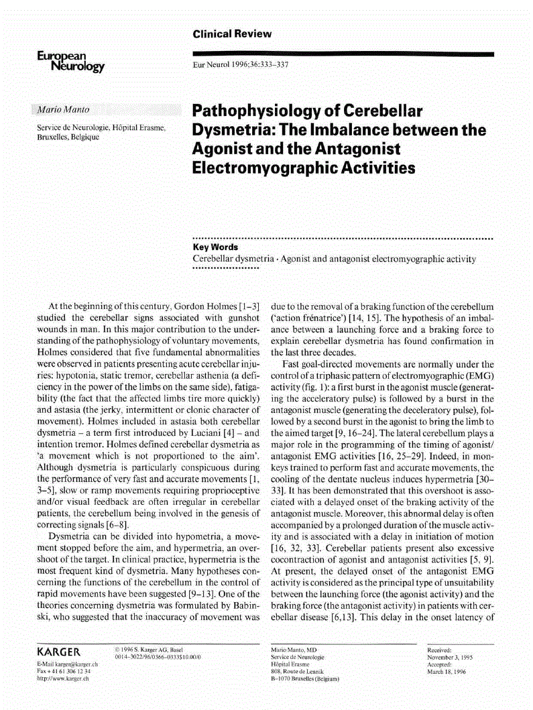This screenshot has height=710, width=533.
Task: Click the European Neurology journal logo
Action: click(70, 62)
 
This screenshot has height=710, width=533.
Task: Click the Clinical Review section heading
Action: click(232, 34)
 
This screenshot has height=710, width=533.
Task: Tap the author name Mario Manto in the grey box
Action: click(63, 109)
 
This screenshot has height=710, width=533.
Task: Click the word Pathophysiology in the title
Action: click(261, 111)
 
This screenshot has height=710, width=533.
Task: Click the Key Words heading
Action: click(215, 247)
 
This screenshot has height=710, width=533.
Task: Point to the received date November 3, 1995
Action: click(450, 658)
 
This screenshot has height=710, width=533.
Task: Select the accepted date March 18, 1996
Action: click(445, 671)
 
